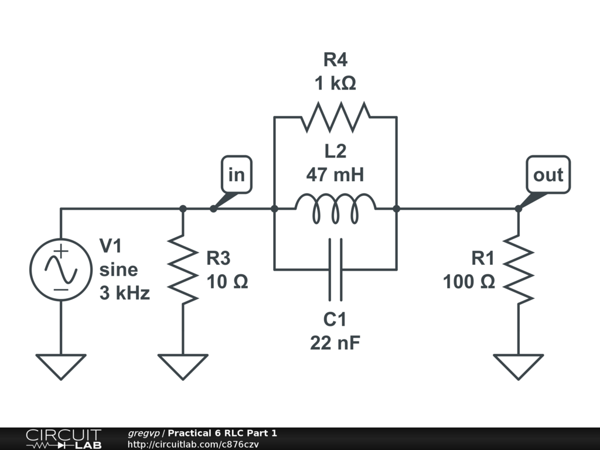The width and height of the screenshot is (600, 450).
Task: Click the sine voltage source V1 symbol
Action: pos(60,270)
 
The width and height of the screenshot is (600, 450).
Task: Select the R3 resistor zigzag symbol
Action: pos(183,270)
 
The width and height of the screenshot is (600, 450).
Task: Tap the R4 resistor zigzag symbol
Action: pos(335,117)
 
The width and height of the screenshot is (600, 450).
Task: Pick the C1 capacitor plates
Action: pos(335,270)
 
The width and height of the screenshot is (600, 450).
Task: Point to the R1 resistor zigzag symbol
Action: pos(518,270)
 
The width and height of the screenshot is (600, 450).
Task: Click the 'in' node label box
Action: pos(236,175)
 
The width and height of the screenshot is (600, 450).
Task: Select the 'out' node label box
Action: pos(548,175)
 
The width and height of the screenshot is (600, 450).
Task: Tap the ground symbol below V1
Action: pos(60,366)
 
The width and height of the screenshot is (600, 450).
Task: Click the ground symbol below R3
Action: pos(183,366)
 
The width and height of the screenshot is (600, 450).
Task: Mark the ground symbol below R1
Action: pos(518,366)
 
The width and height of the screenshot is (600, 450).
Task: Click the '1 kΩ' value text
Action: pos(335,84)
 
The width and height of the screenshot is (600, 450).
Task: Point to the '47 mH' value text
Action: pos(335,174)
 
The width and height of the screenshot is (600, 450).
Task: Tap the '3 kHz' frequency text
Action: pos(124,293)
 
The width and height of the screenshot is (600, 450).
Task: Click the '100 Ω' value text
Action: pos(469,282)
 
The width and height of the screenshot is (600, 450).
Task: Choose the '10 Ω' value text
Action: pos(227,282)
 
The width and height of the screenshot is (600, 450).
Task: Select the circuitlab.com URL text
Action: pos(193,444)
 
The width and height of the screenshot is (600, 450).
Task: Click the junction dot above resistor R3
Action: pos(183,209)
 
